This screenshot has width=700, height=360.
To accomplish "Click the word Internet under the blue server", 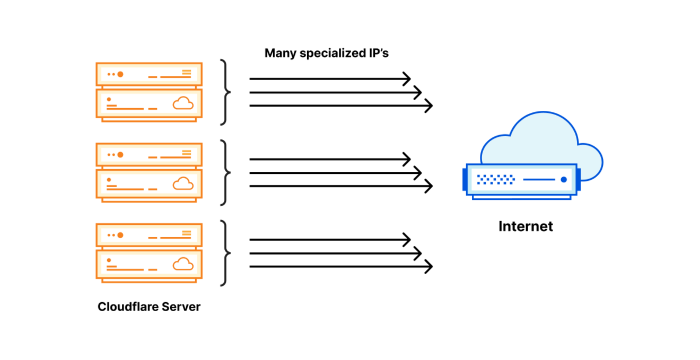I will coord(526,226).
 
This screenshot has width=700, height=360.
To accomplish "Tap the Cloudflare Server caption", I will coord(149,307).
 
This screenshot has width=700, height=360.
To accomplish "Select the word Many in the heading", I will coord(281,54).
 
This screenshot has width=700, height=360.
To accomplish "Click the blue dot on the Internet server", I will coord(563,180).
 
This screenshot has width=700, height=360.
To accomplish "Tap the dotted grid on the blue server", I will coord(495,180).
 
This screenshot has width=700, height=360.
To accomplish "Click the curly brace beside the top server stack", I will coord(226,92).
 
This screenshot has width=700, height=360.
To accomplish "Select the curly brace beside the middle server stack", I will coord(226,173).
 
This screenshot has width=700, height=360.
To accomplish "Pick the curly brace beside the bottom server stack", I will coord(226,253).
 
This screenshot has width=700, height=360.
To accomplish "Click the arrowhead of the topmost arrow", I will coord(407,79).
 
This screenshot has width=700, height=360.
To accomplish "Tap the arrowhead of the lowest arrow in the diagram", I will coord(429,266).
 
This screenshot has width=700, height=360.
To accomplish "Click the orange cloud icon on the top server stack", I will coord(183,103).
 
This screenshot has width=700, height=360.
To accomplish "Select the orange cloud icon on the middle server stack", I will coord(183,183).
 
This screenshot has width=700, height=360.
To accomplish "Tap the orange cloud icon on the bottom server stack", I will coord(183,264).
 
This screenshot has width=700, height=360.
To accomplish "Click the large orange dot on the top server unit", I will coord(120,74).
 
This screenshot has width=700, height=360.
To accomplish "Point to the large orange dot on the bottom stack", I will coord(120,235).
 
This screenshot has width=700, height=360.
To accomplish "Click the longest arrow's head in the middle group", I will coord(429,186).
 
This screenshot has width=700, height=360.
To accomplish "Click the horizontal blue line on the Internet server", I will coord(539,180).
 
